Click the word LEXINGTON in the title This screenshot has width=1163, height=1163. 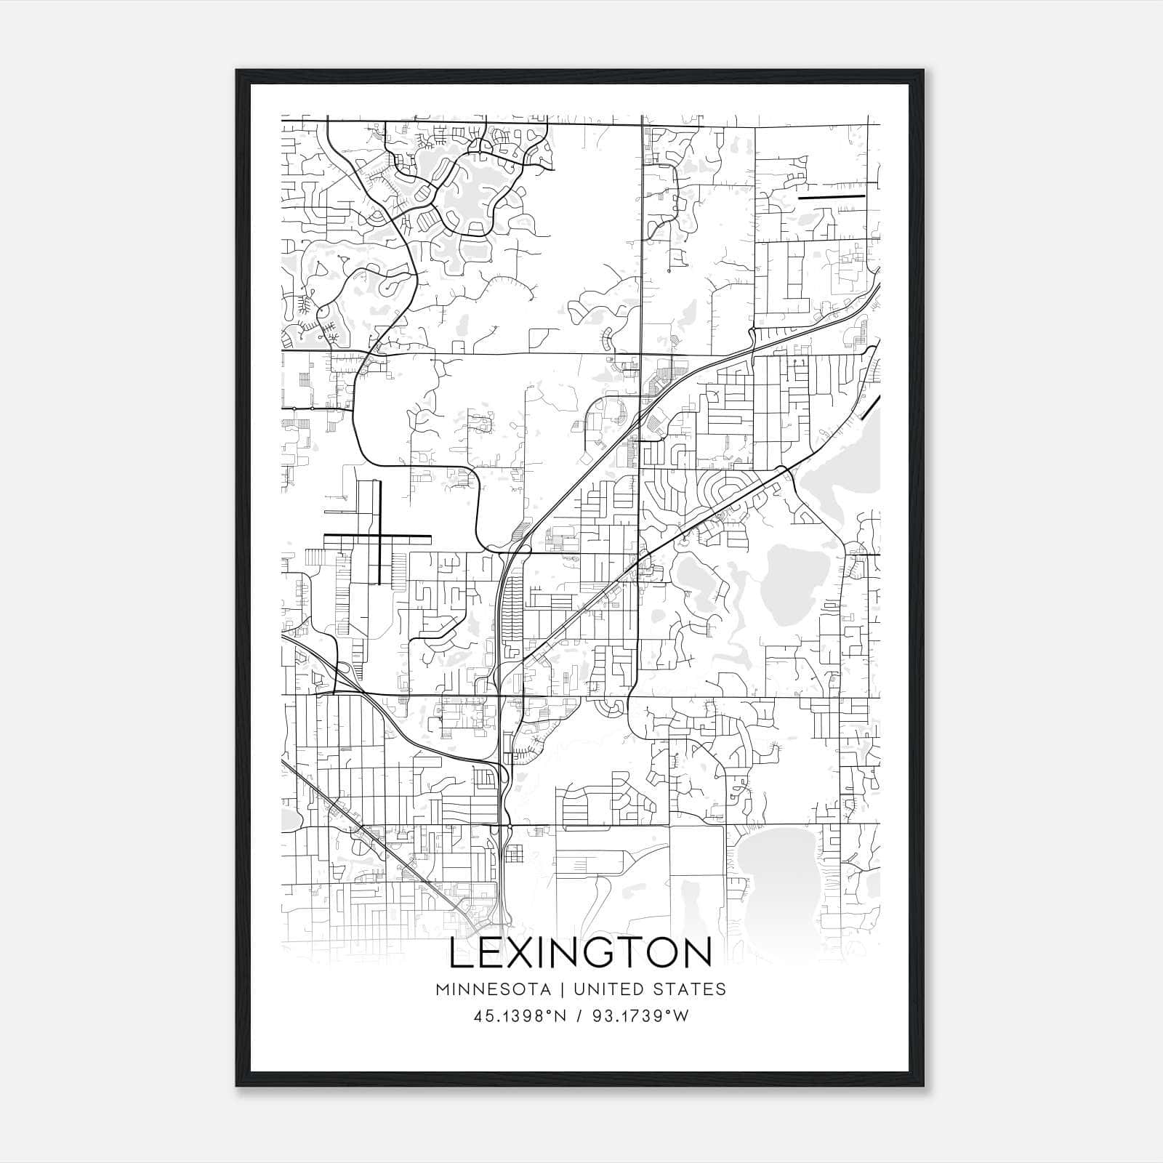(581, 953)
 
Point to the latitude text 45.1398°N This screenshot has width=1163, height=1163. (519, 1016)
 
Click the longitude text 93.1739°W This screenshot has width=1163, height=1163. (640, 1016)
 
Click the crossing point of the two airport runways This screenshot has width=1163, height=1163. (379, 536)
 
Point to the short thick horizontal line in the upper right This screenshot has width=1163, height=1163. (832, 196)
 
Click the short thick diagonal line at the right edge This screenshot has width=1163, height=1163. (870, 408)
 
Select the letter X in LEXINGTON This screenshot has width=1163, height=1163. (521, 953)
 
